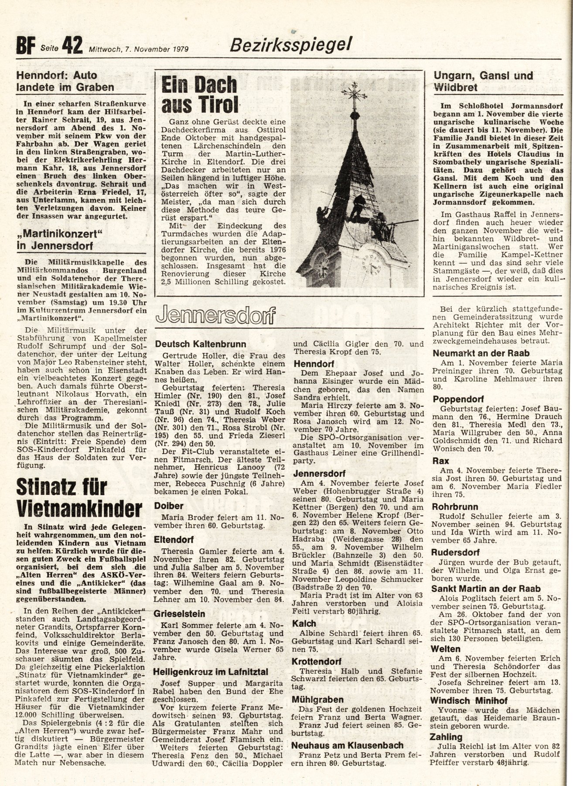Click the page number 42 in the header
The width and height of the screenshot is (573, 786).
72,45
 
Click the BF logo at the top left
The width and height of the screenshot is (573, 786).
25,46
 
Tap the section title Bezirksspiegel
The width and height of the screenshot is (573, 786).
290,45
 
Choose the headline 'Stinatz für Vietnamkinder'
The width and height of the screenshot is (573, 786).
79,497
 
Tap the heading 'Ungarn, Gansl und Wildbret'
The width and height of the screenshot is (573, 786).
483,81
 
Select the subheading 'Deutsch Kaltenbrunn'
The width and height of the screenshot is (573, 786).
200,344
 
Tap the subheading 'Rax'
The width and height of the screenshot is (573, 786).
440,461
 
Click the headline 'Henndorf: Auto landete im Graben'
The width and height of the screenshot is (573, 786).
65,81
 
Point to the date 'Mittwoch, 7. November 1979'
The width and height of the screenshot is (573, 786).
139,49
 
